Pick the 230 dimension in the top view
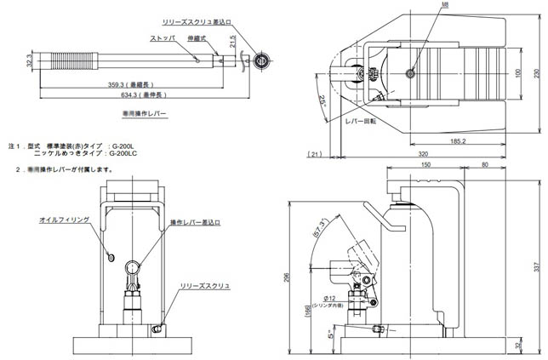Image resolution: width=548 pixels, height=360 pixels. pos(537,73)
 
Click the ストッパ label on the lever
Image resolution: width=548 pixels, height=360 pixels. pos(163,37)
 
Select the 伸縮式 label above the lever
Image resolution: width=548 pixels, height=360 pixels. pos(198,38)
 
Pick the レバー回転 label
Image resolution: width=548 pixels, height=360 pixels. pos(361,121)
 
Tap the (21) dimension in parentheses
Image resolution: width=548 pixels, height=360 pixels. pos(315,154)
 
